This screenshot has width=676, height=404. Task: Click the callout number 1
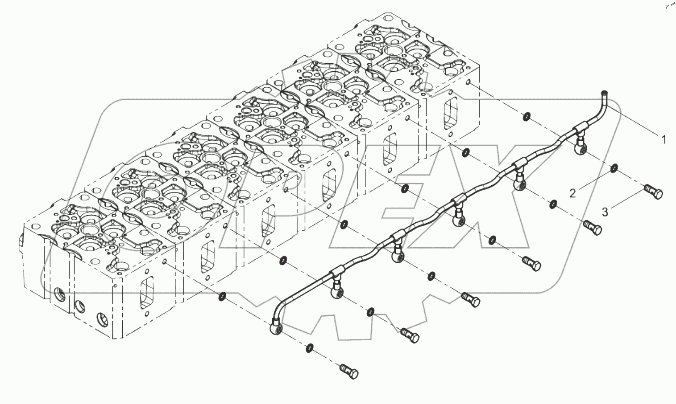tap(664, 140)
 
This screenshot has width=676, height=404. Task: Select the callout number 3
tap(605, 212)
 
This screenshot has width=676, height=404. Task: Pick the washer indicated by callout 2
tap(614, 168)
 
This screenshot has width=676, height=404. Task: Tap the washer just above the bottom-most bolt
tap(310, 347)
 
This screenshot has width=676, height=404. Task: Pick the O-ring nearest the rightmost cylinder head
tap(527, 117)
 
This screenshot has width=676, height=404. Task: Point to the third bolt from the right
tap(532, 264)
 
